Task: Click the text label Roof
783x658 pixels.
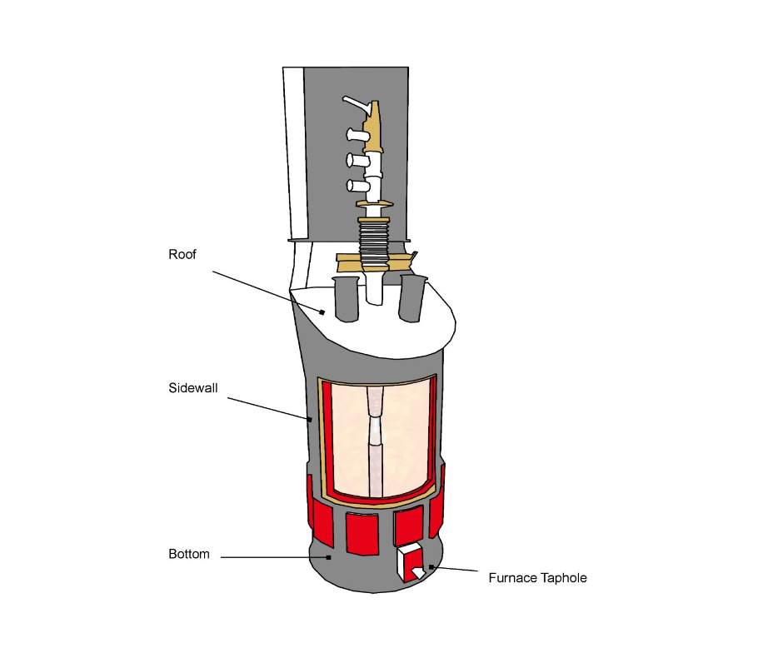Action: (x=182, y=255)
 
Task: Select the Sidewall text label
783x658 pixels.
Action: (x=192, y=387)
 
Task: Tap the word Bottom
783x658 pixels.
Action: (x=189, y=554)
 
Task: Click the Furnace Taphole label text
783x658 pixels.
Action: (x=537, y=577)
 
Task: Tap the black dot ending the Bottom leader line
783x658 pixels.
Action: (x=329, y=557)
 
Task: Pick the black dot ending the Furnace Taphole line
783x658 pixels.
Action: (x=431, y=567)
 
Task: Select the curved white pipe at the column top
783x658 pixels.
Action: (x=355, y=103)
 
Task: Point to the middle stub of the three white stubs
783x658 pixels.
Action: (x=355, y=159)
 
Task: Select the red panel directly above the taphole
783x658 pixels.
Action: (x=408, y=524)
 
